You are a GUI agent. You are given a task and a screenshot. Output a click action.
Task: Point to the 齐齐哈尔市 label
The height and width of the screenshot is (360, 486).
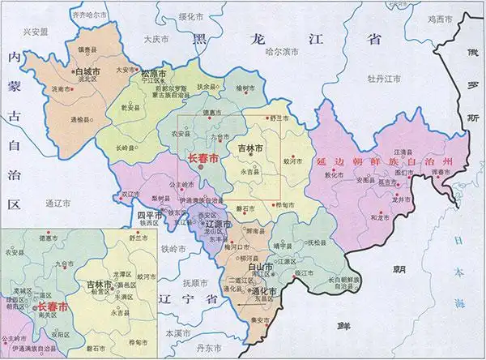(91, 15)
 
